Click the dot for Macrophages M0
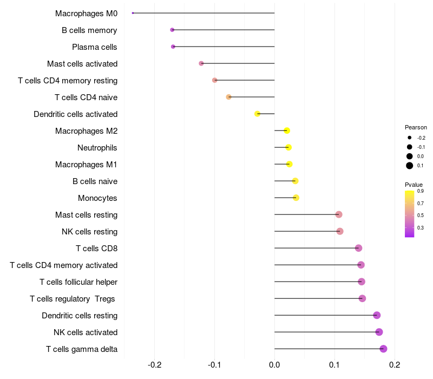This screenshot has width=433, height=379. [133, 13]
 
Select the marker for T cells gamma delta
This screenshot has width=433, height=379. [383, 349]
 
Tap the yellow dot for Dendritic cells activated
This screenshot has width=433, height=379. [258, 114]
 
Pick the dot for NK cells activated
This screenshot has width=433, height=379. [379, 332]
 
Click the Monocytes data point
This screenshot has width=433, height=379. [296, 198]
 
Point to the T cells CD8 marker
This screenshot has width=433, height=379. [358, 248]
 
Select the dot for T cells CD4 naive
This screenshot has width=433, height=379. [228, 97]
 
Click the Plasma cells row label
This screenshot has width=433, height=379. [95, 47]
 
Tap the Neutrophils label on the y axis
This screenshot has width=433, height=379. [97, 148]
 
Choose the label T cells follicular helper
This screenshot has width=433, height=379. [78, 282]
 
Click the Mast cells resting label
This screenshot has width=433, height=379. [86, 215]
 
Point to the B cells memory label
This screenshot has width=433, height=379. [89, 30]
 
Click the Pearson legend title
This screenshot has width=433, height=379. [416, 127]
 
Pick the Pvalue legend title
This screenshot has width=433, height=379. [414, 185]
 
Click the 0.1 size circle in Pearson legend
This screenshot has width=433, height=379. [410, 166]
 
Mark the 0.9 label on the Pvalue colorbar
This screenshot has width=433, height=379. [421, 191]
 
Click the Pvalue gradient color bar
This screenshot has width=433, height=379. [410, 213]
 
